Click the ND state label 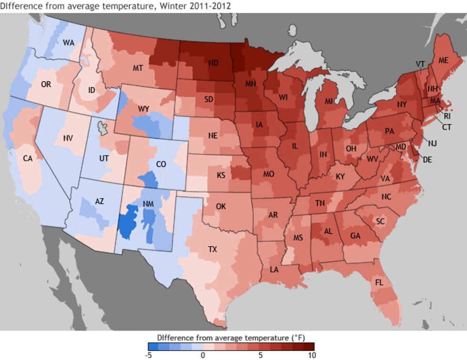click(x=213, y=63)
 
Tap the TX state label click(x=213, y=249)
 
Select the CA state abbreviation click(x=28, y=158)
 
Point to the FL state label click(x=379, y=282)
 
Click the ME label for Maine click(x=443, y=60)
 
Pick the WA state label click(x=69, y=43)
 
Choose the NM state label click(x=148, y=204)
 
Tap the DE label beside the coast click(x=427, y=160)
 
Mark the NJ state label click(x=432, y=143)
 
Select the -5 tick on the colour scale click(x=149, y=355)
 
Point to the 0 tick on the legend click(x=203, y=355)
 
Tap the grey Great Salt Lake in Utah click(x=101, y=127)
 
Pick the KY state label click(x=340, y=176)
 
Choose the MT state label click(x=138, y=68)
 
